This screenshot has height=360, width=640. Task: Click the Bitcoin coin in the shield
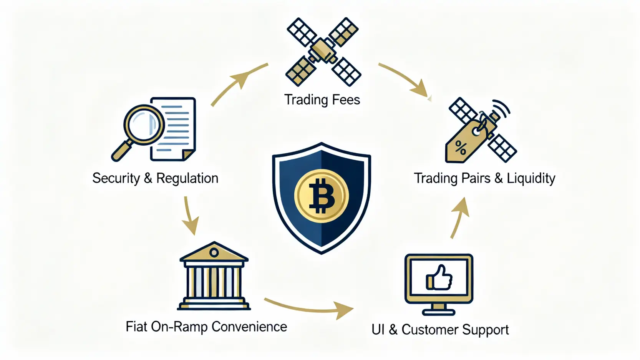[322, 196]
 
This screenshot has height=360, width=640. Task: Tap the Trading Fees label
[322, 100]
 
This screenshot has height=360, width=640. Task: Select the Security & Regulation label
[155, 178]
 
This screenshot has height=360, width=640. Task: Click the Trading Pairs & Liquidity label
[484, 178]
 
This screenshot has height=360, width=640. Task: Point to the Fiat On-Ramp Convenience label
[206, 327]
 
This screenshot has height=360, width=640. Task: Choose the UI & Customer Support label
[440, 330]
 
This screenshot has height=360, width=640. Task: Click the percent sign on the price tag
[461, 148]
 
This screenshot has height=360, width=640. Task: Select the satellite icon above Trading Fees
[323, 51]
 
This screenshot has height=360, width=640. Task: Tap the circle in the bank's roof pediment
[214, 252]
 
